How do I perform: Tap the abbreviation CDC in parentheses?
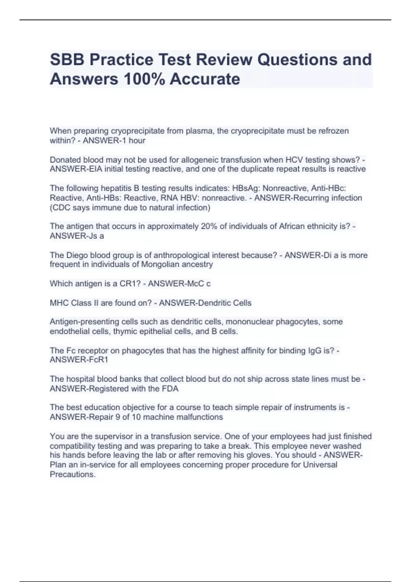pos(62,207)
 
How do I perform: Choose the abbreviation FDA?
pos(170,389)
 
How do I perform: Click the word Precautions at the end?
pos(73,474)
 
